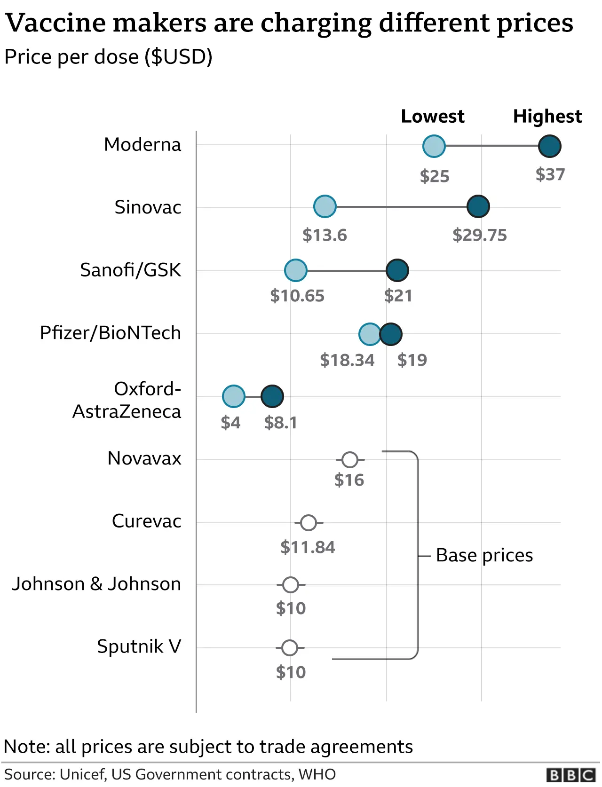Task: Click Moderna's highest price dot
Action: tap(549, 146)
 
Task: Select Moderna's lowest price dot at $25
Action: tap(434, 146)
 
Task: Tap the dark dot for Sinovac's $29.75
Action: tap(478, 206)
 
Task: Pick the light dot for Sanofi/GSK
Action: tap(295, 270)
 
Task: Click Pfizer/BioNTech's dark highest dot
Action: tap(391, 334)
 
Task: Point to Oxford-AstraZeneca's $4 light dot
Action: tap(233, 396)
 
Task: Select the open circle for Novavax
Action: tap(349, 460)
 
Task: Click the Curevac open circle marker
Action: tap(308, 522)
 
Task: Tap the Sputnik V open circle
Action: tap(290, 648)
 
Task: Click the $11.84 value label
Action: tap(308, 547)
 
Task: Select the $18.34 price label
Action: tap(347, 360)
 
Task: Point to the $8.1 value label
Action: tap(281, 423)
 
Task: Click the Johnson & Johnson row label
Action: tap(96, 584)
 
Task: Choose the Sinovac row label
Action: tap(148, 207)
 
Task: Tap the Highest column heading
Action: tap(547, 116)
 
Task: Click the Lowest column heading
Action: tap(432, 116)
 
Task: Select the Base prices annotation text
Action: tap(484, 555)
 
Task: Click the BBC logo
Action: tap(571, 775)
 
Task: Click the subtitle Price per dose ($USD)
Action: tap(109, 57)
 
